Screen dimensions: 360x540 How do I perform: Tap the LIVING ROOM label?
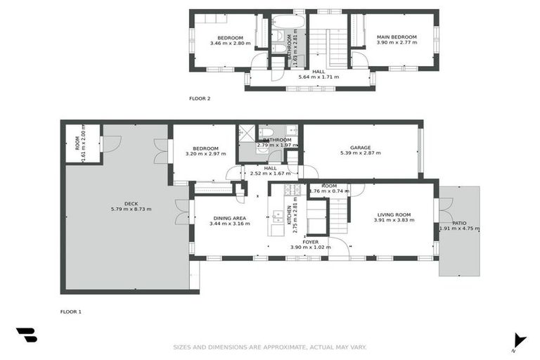coord(394,214)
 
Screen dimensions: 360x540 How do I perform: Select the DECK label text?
coord(130,203)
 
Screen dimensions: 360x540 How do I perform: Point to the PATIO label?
coord(459,223)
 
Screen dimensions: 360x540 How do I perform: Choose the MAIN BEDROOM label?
coord(397,37)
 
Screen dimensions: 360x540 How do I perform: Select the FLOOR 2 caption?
coord(200,98)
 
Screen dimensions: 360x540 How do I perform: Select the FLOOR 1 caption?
coord(71,311)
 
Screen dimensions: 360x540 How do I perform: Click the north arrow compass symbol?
coord(519,340)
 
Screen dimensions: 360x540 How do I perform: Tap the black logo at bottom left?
coord(26,335)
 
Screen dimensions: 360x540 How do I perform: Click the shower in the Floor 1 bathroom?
coord(247,132)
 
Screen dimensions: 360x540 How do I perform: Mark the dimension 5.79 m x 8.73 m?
coord(131,210)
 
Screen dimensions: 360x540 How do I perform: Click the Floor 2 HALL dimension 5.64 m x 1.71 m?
coord(319,77)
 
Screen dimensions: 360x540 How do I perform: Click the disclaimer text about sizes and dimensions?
coord(270,347)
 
